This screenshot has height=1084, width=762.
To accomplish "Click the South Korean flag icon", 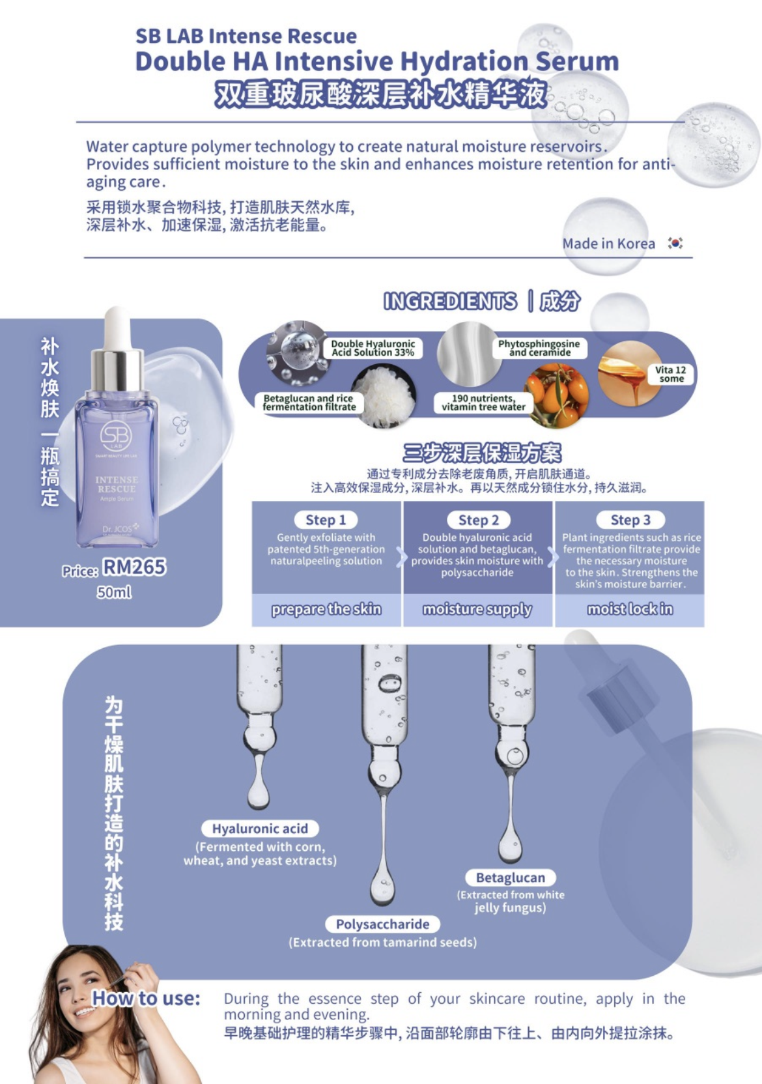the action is (x=675, y=243).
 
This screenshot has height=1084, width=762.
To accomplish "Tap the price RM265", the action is (x=135, y=567).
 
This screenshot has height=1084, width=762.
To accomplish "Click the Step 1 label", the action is (x=326, y=520).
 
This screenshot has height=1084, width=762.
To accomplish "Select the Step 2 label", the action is (x=478, y=520).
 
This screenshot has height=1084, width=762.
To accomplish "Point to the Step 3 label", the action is (x=630, y=520).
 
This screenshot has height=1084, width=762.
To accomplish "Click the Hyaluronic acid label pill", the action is (x=260, y=829).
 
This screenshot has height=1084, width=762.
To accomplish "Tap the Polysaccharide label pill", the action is (x=383, y=924).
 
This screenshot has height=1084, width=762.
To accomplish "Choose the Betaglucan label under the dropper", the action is (x=511, y=877).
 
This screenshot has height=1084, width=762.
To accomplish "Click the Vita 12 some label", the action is (x=671, y=374).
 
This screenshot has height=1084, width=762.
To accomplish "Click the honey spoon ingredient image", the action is (x=630, y=373).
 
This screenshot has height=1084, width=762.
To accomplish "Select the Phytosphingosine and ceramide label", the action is (x=539, y=348).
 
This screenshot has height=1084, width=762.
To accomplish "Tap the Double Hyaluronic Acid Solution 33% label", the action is (x=373, y=348).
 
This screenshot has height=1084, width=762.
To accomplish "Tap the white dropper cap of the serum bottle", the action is (x=117, y=322).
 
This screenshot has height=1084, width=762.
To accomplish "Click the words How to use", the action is (x=146, y=998).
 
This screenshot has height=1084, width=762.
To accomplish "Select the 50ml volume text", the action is (x=114, y=592).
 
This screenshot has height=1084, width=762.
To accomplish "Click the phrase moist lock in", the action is (x=630, y=609).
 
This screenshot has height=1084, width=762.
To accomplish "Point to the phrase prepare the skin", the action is (x=326, y=609).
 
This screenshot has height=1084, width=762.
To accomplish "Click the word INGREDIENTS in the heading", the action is (x=450, y=301).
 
